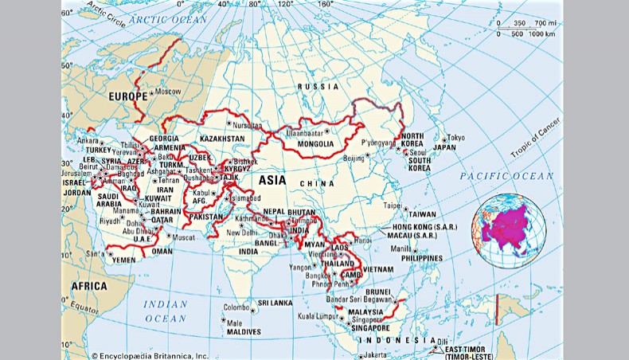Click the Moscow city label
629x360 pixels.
[168, 92]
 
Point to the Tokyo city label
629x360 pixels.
[455, 137]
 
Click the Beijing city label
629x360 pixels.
[354, 158]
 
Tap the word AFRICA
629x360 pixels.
[89, 286]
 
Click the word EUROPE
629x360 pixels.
[127, 96]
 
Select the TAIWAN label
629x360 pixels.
[422, 214]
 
